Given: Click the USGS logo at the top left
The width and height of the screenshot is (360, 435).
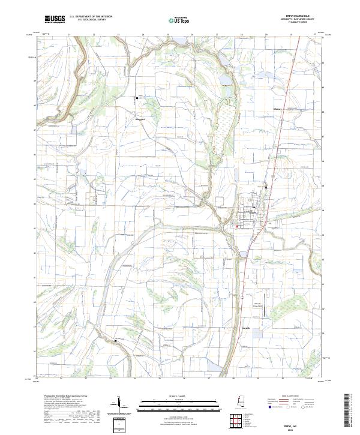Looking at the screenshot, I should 55,20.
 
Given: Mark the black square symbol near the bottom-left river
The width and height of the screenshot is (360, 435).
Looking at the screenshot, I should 115,341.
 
